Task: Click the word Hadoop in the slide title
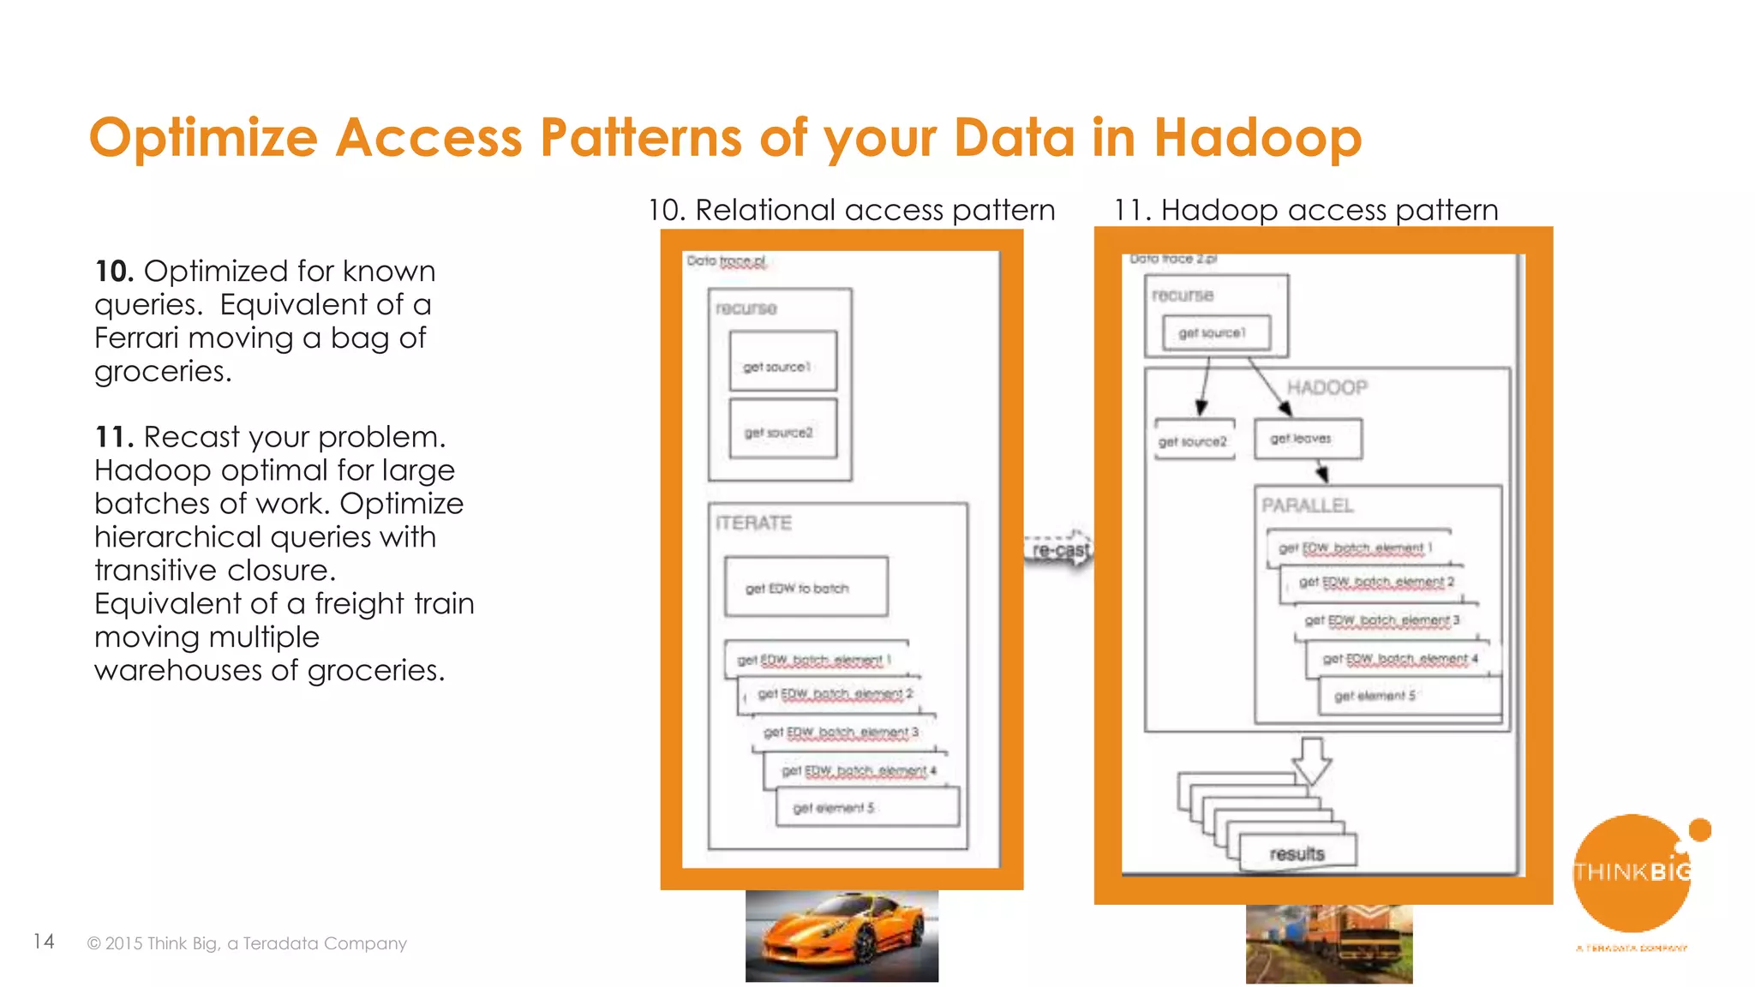tap(1257, 138)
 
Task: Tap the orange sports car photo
tap(842, 936)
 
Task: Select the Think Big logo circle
tap(1631, 874)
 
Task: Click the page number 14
tap(44, 942)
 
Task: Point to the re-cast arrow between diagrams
tap(1059, 549)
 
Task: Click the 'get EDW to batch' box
tap(806, 587)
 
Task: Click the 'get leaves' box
tap(1307, 439)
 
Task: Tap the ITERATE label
tap(753, 523)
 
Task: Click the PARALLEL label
tap(1307, 505)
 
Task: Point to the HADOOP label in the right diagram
tap(1327, 387)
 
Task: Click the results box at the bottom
tap(1297, 853)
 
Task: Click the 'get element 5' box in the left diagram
tap(866, 807)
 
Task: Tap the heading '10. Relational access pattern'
tap(851, 210)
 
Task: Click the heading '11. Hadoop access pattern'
tap(1305, 210)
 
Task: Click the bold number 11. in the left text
tap(113, 437)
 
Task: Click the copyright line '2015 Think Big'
tap(247, 943)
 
